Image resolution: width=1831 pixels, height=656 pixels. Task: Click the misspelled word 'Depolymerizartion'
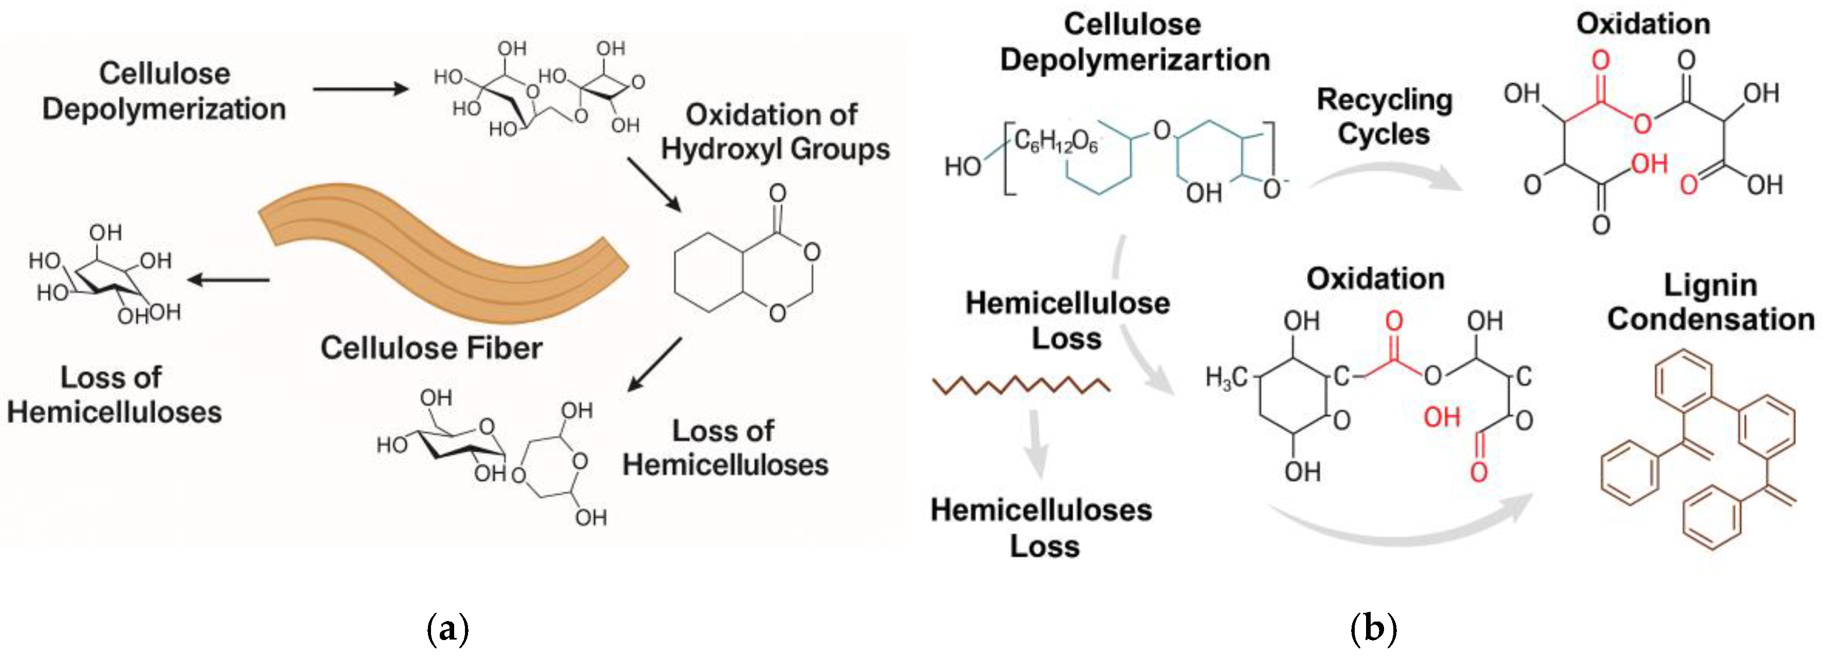click(x=1135, y=60)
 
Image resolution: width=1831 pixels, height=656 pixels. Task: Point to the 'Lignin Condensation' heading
click(x=1710, y=302)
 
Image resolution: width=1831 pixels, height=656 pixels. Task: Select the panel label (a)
click(x=448, y=629)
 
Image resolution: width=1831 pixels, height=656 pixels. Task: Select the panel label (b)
click(x=1373, y=629)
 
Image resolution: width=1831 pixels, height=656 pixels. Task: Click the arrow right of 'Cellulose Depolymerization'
click(x=361, y=89)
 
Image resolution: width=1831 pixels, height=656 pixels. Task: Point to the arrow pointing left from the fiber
click(x=229, y=280)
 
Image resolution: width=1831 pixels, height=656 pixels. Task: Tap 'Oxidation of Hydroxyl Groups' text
click(x=774, y=132)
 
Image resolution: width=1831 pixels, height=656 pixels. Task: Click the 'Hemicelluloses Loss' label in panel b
click(x=1042, y=527)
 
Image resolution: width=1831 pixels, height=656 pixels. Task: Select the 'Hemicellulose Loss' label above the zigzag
click(x=1067, y=320)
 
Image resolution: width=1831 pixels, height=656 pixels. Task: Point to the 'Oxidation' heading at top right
click(x=1643, y=24)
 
